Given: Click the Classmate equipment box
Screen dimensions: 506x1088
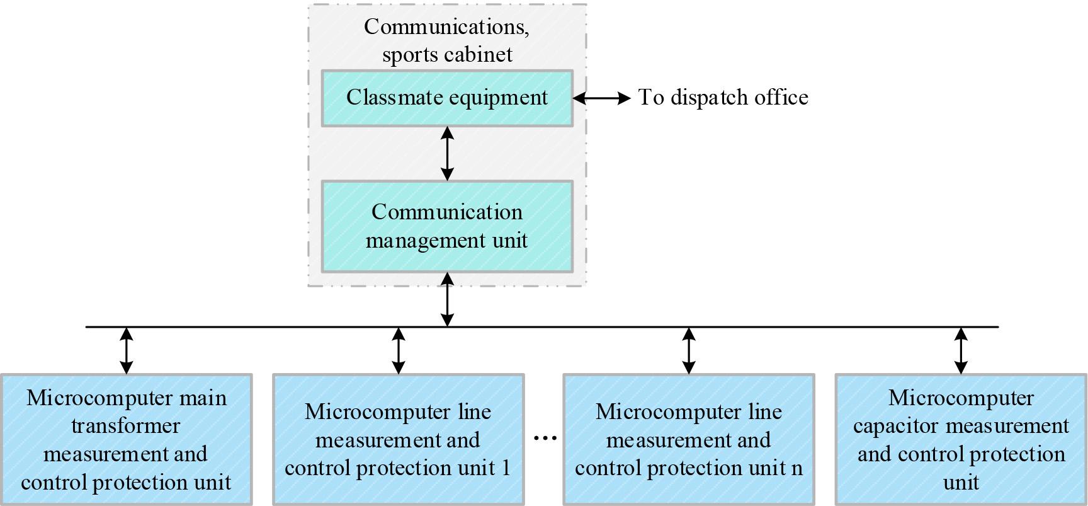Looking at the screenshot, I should tap(447, 98).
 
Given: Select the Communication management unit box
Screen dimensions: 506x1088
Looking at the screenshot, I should tap(447, 227).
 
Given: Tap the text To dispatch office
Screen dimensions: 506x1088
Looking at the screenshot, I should tap(723, 98).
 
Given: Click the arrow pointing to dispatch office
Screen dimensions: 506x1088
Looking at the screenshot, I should tap(601, 98).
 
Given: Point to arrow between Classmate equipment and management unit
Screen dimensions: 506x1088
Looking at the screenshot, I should tap(447, 154).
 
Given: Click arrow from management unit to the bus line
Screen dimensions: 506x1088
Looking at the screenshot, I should tap(447, 299).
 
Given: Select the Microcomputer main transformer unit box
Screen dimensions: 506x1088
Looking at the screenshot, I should tap(126, 440).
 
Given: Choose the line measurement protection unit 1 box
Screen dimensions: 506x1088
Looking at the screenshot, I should tap(398, 440).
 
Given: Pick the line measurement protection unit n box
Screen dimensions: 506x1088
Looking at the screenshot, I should tap(688, 440).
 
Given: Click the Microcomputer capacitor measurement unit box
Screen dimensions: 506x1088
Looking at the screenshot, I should tap(961, 440).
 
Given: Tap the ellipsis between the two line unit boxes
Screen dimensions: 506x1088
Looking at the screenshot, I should tap(545, 437).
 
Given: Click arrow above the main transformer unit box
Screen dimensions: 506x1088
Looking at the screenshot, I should tap(127, 350).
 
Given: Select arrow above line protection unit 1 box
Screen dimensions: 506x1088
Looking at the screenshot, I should tap(399, 350).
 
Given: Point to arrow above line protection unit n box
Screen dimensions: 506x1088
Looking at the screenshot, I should tap(689, 350).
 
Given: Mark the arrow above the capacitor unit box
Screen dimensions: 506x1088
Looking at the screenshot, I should tap(961, 350).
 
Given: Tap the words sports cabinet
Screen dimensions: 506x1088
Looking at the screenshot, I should tap(447, 55).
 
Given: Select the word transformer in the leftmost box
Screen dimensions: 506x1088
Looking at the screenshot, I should tap(125, 427).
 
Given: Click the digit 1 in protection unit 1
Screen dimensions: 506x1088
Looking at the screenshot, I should tap(506, 468).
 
